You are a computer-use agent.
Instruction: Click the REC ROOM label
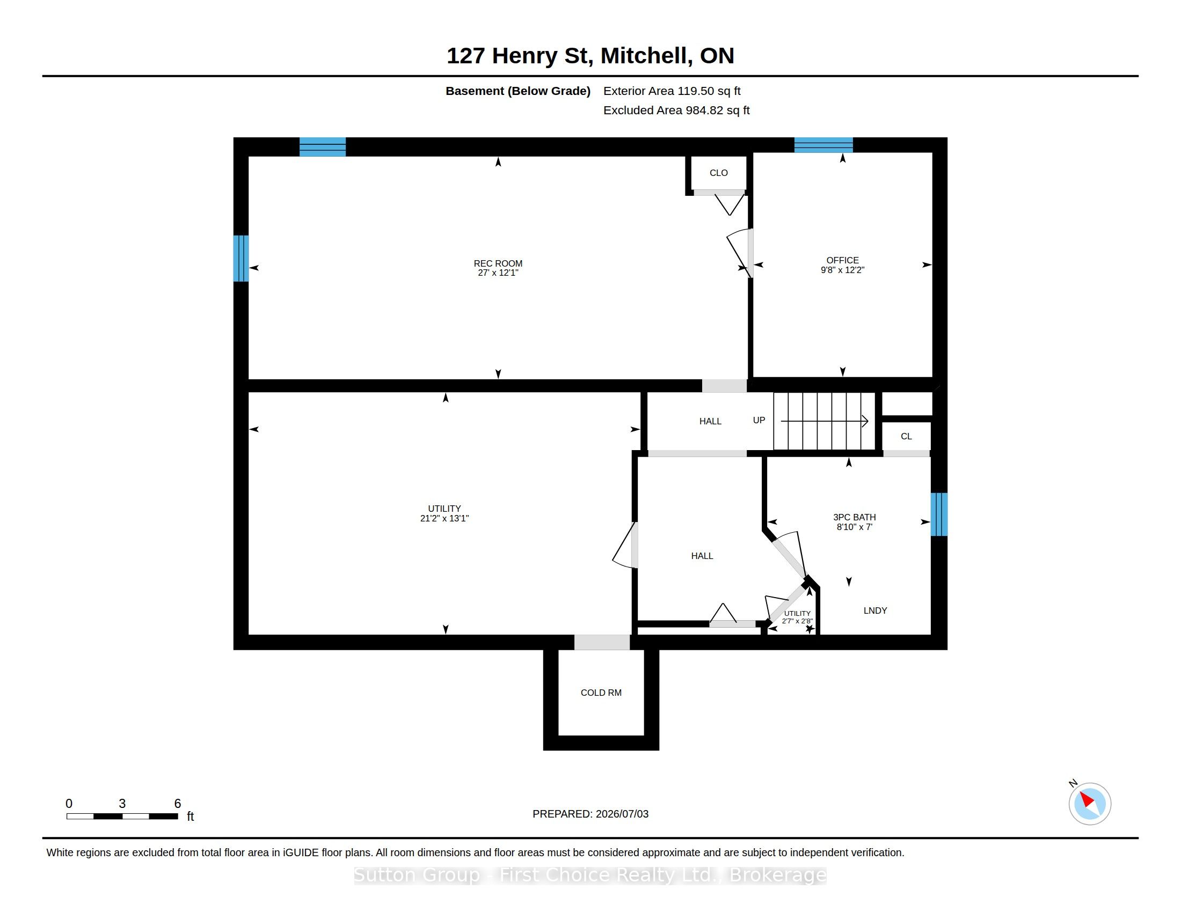point(498,263)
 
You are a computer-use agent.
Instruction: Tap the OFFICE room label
point(842,260)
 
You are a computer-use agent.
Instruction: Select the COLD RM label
point(601,693)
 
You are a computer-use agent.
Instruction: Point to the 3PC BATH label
point(855,517)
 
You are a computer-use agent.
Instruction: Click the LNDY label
point(875,611)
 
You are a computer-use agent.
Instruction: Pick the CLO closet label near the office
point(719,173)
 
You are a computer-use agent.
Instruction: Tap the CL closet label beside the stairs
point(906,436)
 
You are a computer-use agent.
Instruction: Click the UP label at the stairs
point(759,420)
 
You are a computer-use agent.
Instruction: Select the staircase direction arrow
point(825,421)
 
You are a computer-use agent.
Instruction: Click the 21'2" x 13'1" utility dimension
point(444,518)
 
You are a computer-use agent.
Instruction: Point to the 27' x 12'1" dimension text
point(498,273)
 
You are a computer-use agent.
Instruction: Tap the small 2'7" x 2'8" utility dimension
point(797,621)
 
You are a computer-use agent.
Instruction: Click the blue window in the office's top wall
point(823,145)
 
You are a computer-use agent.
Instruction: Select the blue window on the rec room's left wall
point(240,258)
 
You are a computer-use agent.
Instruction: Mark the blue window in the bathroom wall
point(939,514)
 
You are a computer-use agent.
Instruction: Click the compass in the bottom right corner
point(1090,804)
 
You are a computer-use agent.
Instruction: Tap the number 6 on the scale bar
point(177,804)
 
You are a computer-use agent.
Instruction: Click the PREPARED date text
point(590,814)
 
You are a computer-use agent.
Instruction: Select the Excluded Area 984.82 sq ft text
point(676,110)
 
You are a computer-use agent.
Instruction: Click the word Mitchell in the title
point(646,56)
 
